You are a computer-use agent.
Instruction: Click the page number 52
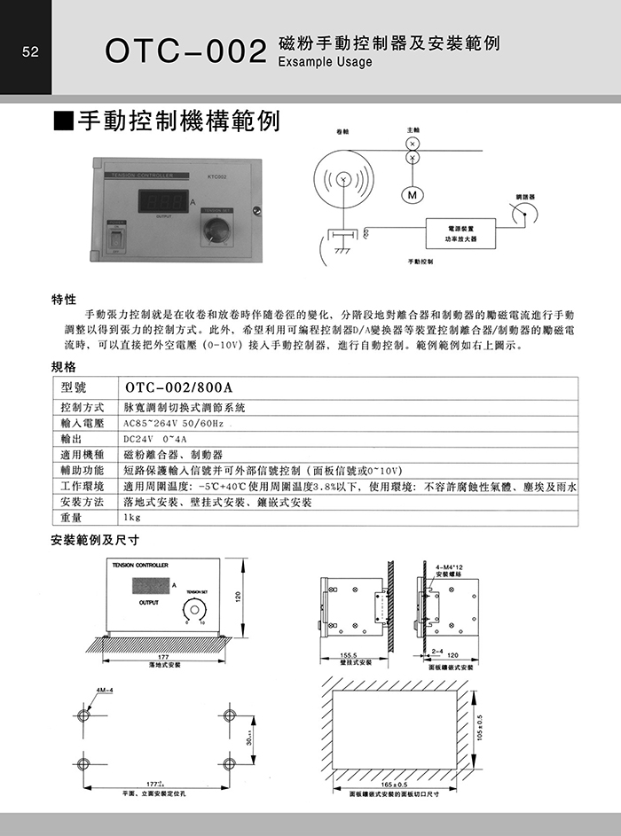[30, 52]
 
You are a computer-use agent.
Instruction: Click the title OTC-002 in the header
[185, 51]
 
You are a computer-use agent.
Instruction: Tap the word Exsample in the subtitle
[306, 63]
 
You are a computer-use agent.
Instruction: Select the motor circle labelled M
[412, 194]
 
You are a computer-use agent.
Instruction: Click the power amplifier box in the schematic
[460, 233]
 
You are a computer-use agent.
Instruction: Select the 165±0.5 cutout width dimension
[395, 785]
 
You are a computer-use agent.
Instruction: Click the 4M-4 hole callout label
[103, 689]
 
